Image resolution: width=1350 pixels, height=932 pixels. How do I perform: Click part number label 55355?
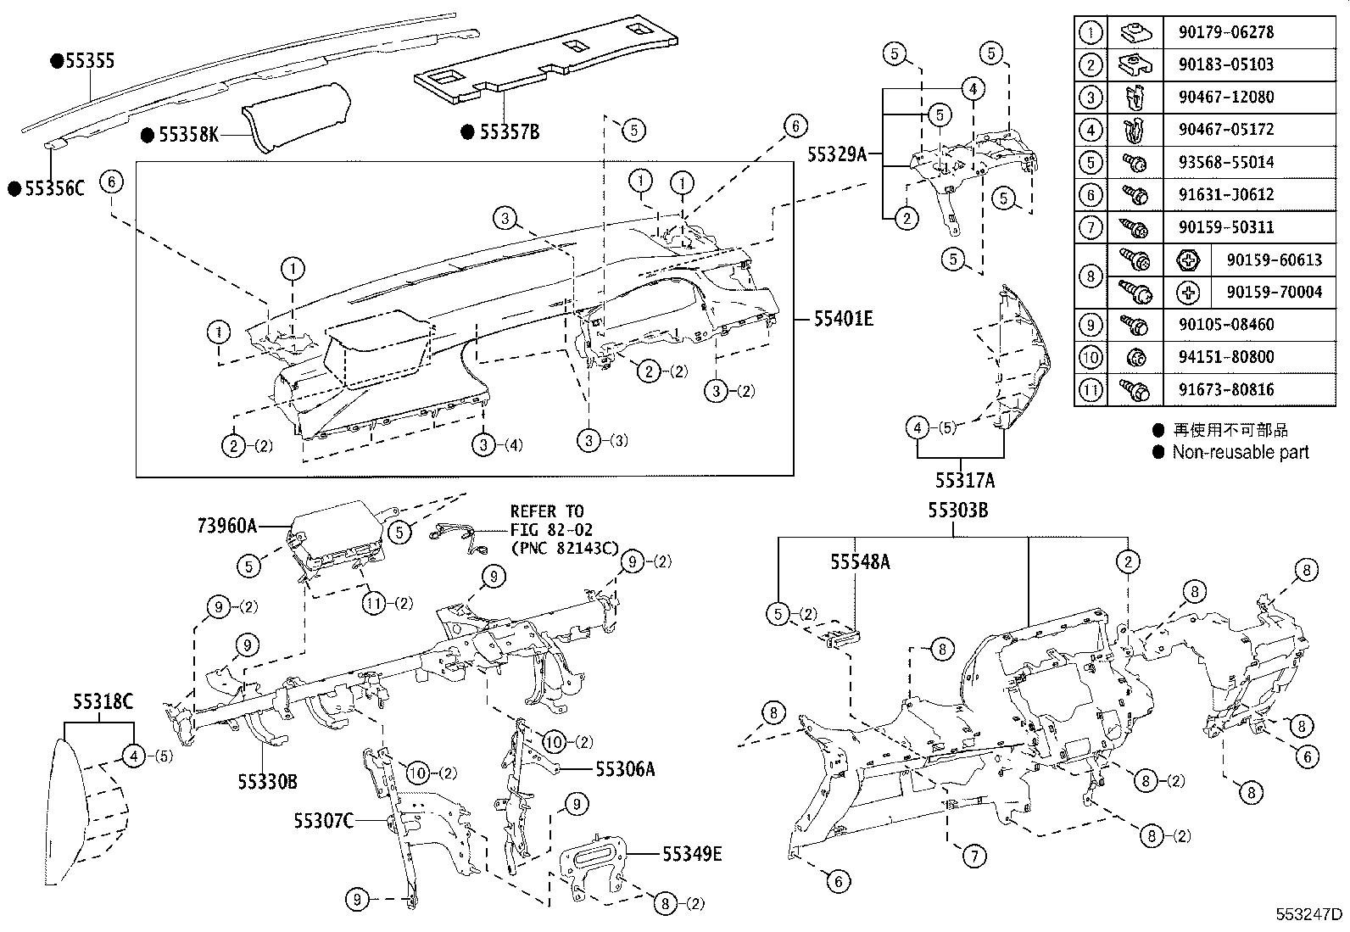tap(89, 61)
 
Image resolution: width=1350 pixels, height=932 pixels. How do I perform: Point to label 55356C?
tap(53, 188)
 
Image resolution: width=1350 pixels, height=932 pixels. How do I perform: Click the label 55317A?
tap(965, 481)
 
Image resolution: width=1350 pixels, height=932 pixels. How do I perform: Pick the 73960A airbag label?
tap(226, 526)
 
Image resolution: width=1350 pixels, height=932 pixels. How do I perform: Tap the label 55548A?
tap(860, 561)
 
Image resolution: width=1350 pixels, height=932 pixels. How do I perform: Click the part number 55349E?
tap(692, 854)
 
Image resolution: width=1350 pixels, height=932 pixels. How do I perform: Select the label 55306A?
tap(625, 769)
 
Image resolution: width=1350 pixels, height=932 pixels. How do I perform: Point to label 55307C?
tap(324, 820)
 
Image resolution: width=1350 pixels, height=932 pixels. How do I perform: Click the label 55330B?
tap(267, 782)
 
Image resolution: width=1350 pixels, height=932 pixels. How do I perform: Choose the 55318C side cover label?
tap(103, 701)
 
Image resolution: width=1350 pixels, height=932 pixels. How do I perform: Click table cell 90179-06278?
tap(1225, 32)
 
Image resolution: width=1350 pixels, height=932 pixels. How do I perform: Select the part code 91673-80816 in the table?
tap(1225, 390)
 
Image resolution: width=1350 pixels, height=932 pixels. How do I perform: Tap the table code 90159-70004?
tap(1274, 293)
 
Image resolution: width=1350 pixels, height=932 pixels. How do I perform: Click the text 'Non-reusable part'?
tap(1240, 453)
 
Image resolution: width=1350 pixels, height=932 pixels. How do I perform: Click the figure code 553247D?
tap(1310, 915)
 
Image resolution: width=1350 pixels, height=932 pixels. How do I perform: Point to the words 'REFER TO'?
tap(546, 511)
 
